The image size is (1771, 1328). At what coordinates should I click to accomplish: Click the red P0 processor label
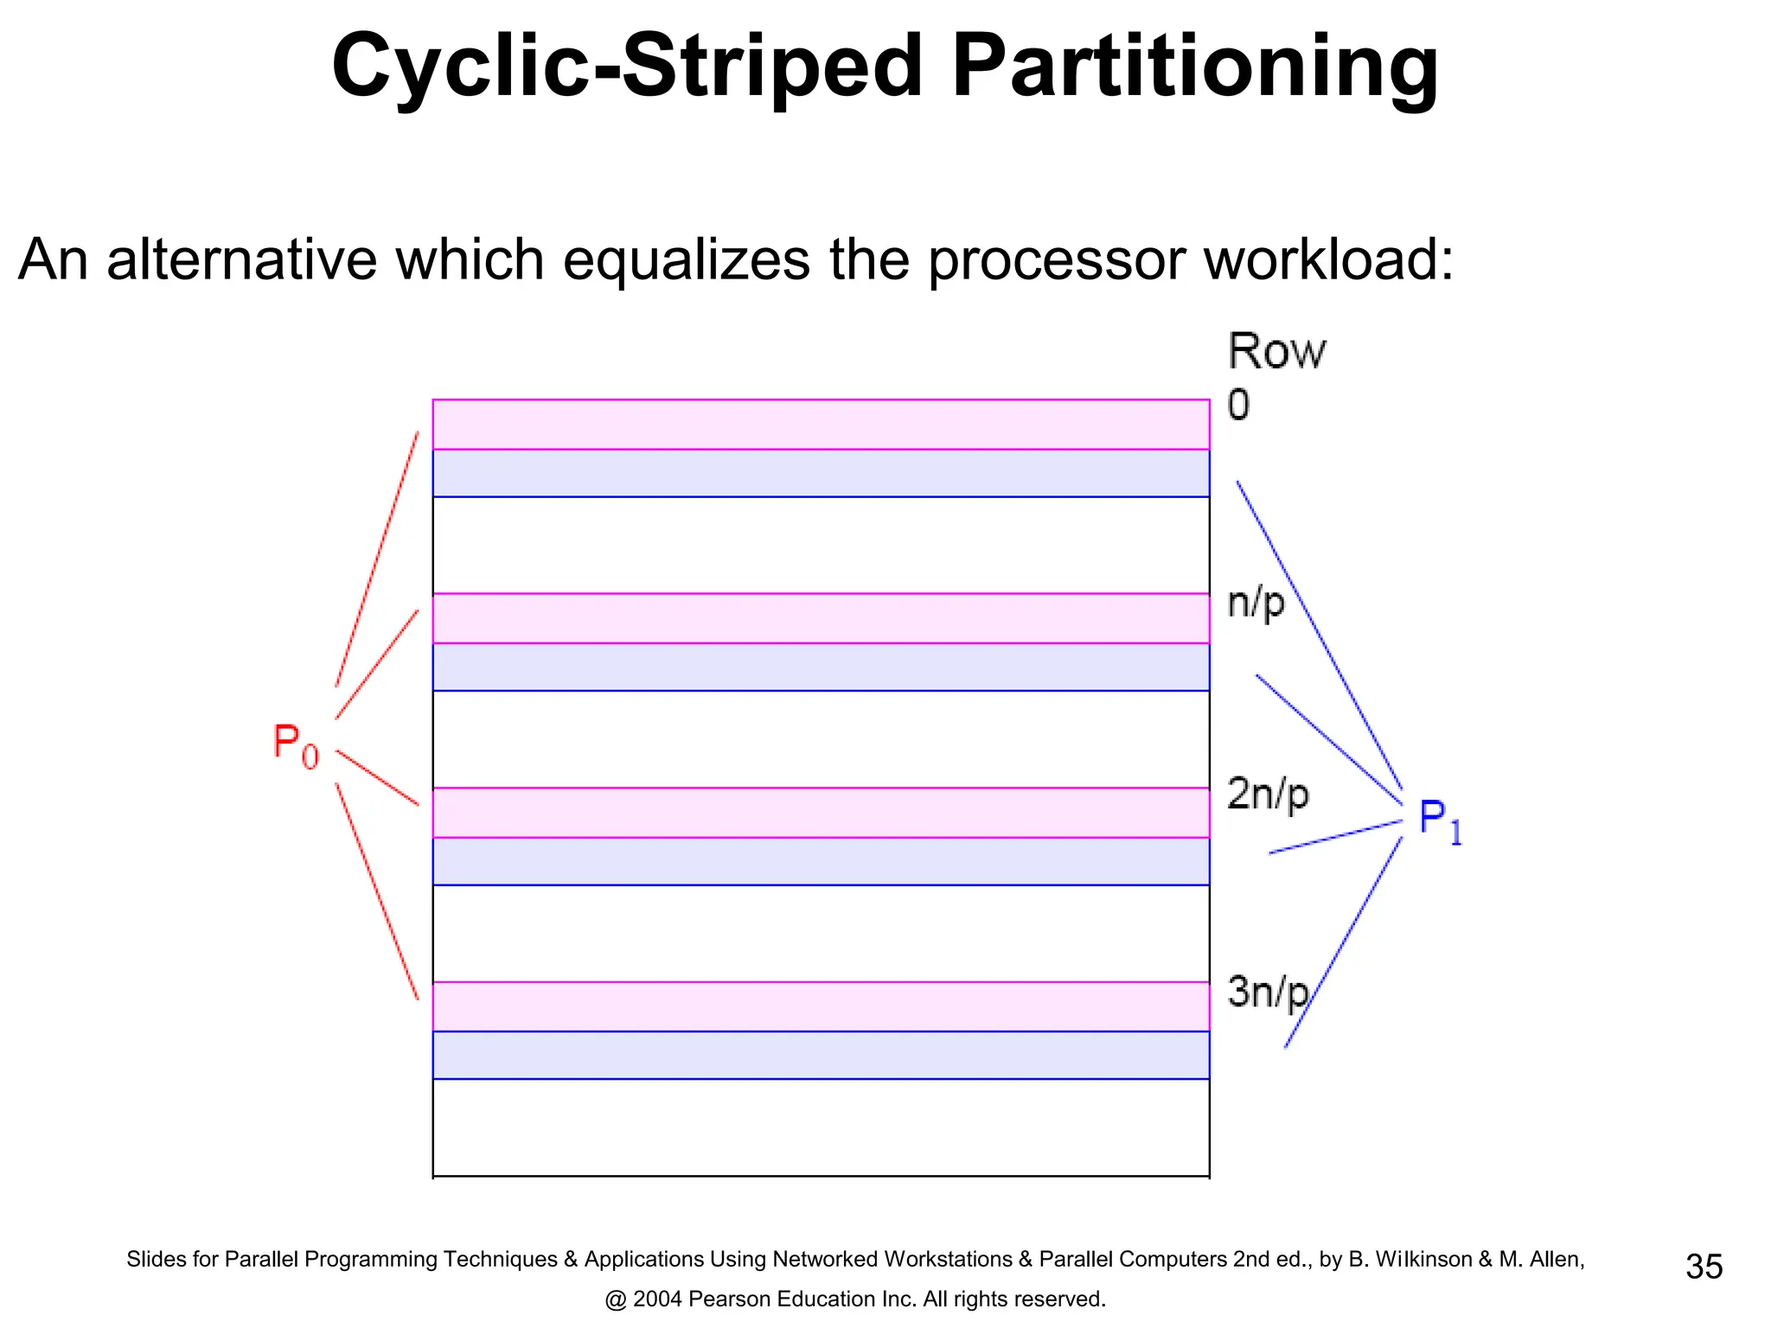pos(296,744)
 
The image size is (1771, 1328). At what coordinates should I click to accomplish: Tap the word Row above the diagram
pos(1276,352)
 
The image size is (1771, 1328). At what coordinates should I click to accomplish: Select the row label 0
pos(1238,405)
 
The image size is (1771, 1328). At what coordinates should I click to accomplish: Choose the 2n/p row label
pos(1268,794)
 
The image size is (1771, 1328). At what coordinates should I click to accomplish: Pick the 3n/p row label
pos(1268,991)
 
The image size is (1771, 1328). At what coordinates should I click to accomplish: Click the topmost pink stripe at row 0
pos(820,425)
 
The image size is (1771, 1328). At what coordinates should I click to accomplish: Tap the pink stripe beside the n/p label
pos(820,618)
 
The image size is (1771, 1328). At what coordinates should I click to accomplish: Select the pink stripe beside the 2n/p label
pos(820,813)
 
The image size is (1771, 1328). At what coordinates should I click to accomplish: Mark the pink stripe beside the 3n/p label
pos(820,1006)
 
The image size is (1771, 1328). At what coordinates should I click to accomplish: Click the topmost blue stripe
pos(820,473)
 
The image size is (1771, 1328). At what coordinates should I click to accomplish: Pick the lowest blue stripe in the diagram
pos(820,1055)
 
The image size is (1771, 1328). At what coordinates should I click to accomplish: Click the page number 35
pos(1704,1267)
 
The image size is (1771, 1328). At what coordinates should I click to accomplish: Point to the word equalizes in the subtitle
pos(687,259)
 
